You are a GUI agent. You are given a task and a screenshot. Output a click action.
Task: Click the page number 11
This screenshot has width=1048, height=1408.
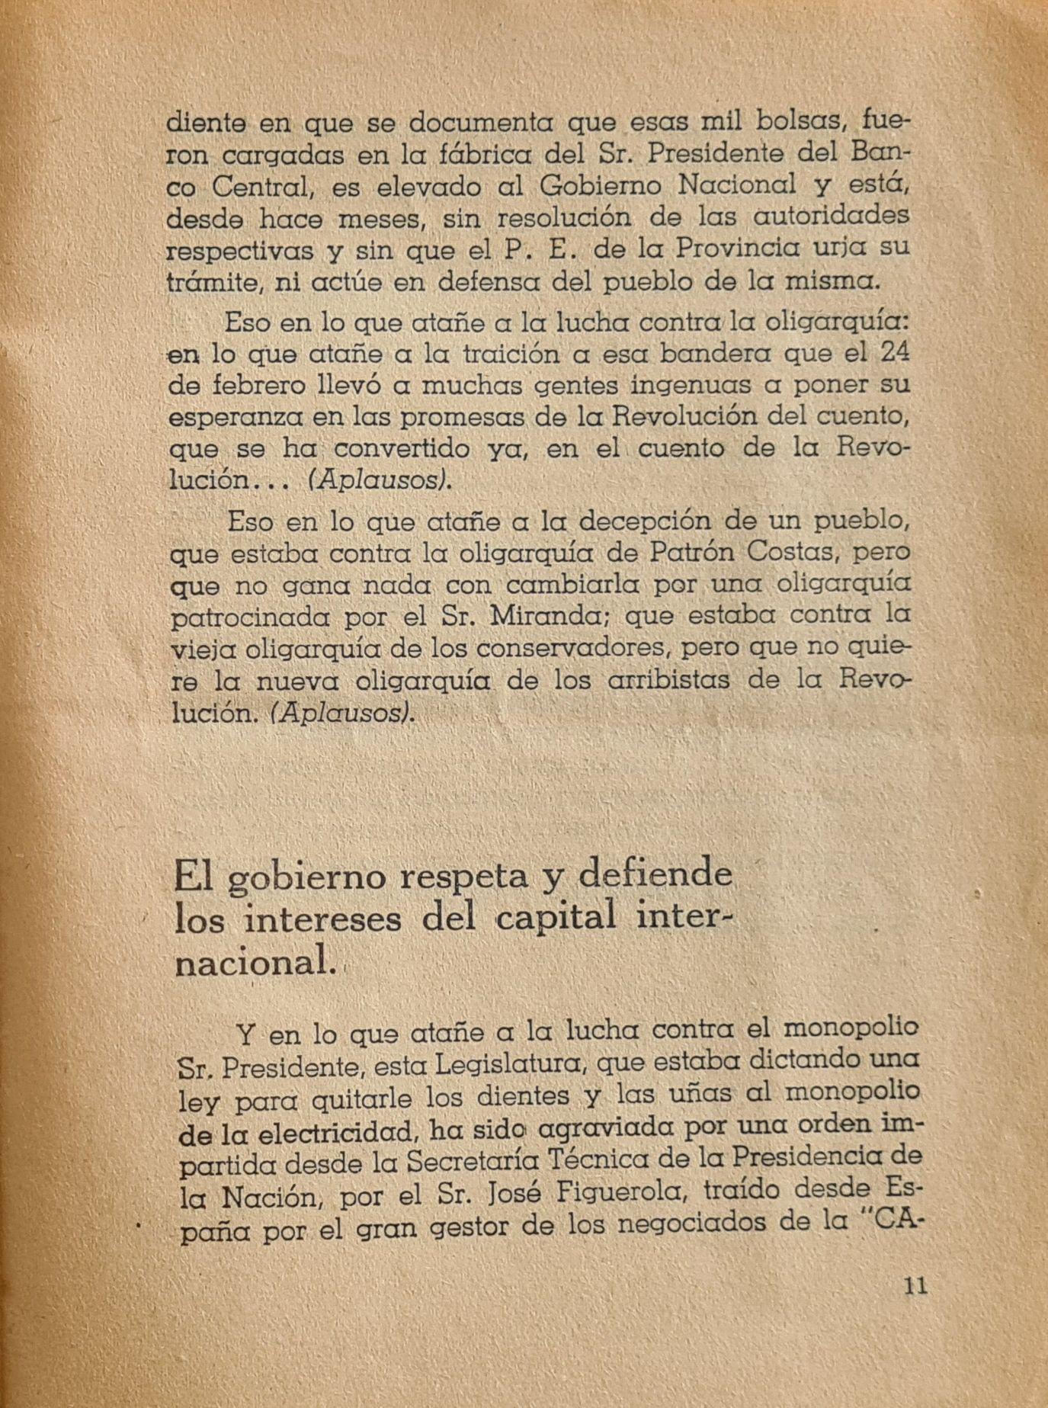[x=913, y=1287]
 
